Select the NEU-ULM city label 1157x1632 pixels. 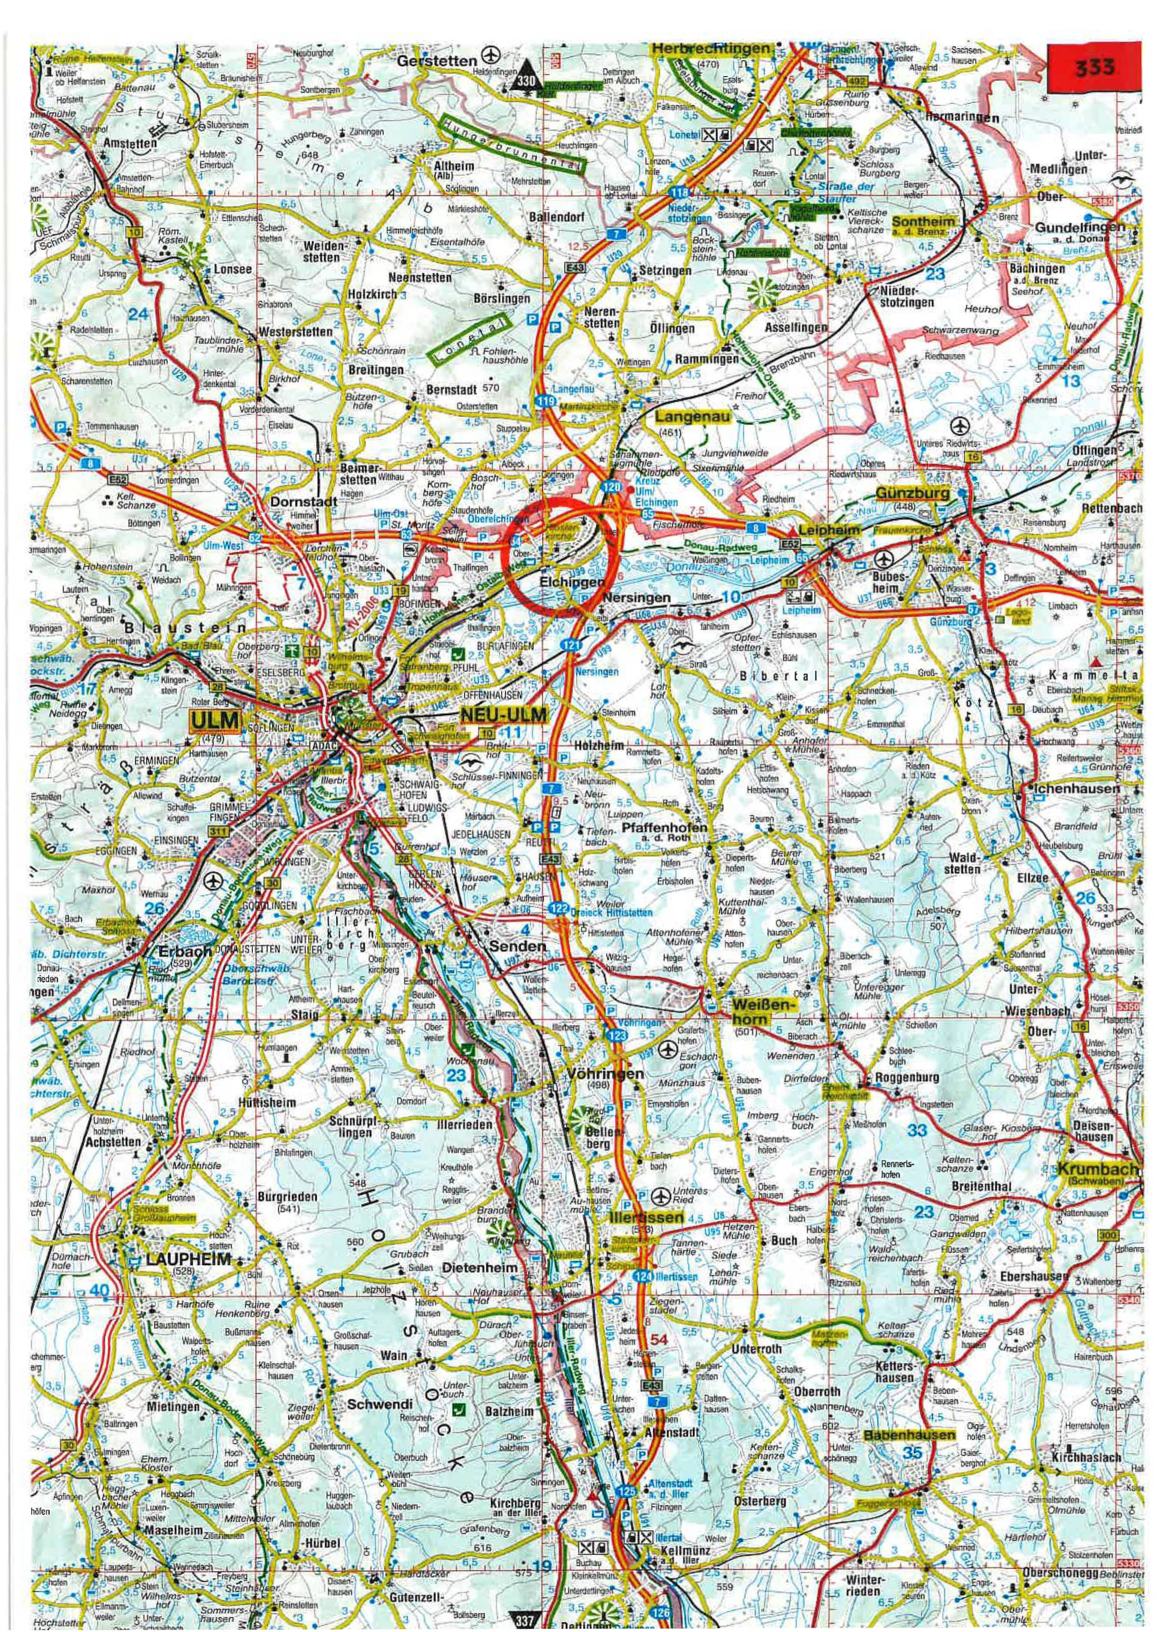pyautogui.click(x=504, y=715)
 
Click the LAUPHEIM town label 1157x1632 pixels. pyautogui.click(x=188, y=1259)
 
